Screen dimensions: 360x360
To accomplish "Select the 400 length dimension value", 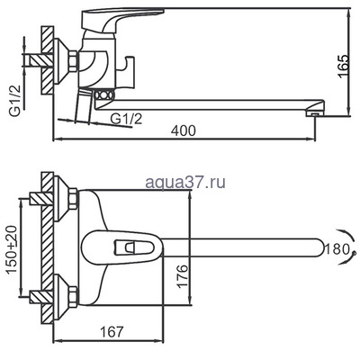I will [184, 132].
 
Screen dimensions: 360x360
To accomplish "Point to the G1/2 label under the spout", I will [126, 118].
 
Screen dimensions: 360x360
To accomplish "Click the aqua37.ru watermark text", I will [184, 182].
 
